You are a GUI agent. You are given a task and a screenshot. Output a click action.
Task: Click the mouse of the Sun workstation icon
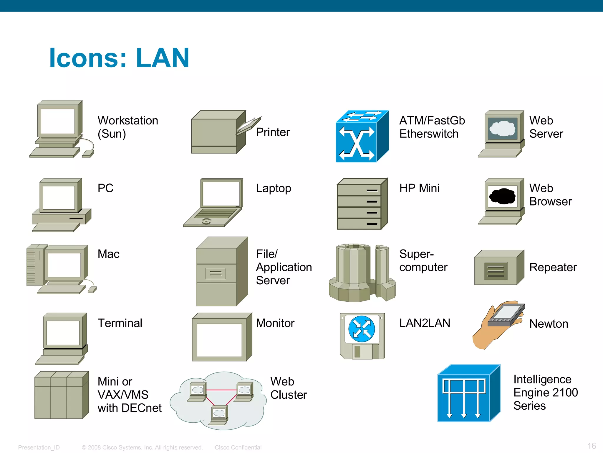[88, 154]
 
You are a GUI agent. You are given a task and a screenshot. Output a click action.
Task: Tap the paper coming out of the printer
[249, 125]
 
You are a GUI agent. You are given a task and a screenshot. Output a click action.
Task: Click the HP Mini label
[419, 188]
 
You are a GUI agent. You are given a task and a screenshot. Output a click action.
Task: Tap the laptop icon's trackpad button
[206, 221]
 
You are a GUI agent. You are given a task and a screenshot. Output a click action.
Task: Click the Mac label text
[108, 254]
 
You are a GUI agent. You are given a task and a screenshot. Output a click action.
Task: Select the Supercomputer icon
[362, 273]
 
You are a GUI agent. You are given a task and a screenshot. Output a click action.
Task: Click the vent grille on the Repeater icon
[496, 271]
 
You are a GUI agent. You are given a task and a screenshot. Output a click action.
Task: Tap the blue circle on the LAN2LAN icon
[362, 329]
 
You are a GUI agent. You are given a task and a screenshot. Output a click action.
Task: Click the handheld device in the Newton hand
[506, 315]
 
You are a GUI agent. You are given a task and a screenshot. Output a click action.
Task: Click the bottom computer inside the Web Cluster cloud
[219, 414]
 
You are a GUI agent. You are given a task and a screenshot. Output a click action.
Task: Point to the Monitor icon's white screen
[219, 340]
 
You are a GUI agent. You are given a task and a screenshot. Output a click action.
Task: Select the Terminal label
[120, 323]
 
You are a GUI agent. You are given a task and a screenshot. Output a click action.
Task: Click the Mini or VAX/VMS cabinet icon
[61, 395]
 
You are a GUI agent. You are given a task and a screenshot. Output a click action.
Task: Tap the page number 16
[591, 446]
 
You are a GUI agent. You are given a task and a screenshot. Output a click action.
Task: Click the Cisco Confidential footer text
[238, 447]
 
